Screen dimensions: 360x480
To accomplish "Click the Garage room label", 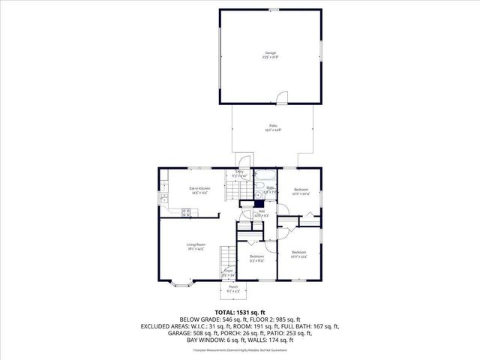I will [271, 55].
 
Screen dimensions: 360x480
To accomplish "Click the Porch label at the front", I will [233, 289].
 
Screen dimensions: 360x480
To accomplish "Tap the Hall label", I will [262, 213].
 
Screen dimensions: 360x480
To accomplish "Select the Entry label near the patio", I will [240, 174].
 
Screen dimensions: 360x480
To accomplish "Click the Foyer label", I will [238, 272].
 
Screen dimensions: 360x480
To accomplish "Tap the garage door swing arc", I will [280, 98].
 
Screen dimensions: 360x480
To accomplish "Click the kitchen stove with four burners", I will [186, 213].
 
